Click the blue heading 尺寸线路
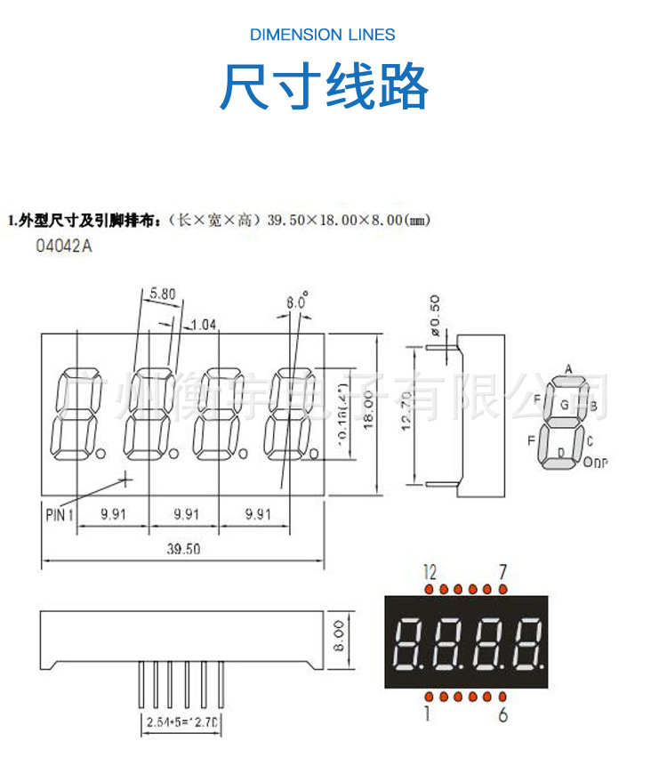point(325,86)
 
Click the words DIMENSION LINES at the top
point(323,35)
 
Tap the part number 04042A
point(63,246)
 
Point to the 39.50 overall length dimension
point(183,549)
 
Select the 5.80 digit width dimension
point(163,292)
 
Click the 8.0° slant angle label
point(297,302)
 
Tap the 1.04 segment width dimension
point(205,324)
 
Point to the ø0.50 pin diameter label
point(435,314)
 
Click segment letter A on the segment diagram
point(567,369)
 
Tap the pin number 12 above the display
point(430,570)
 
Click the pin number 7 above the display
point(502,570)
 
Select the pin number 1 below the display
point(428,714)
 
